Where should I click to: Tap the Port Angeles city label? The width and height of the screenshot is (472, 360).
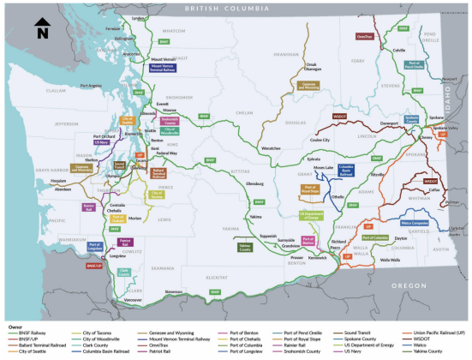93,85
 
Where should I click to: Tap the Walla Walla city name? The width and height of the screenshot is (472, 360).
390,259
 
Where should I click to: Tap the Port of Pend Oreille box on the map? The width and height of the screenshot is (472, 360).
415,64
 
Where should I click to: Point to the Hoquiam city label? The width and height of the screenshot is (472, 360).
57,181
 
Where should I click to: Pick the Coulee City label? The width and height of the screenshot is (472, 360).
320,139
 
